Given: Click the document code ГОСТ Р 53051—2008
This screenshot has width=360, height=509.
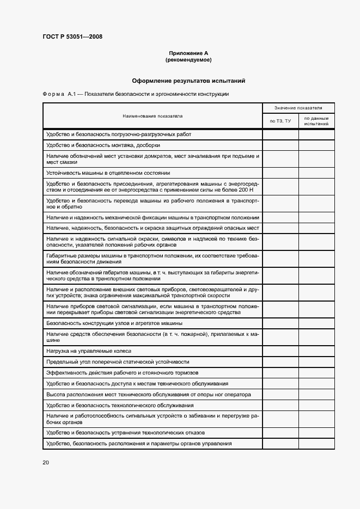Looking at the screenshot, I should (x=72, y=37).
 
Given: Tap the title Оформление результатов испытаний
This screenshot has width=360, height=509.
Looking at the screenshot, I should (x=188, y=81).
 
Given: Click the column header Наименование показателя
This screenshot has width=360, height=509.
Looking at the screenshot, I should (x=152, y=116).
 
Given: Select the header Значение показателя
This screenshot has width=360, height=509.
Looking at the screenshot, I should (x=298, y=108).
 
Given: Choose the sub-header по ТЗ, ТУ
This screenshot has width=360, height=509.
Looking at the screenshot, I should (x=280, y=121).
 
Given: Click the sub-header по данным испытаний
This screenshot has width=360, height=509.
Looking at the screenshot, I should (x=316, y=121).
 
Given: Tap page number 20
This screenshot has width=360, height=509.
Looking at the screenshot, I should (x=46, y=462).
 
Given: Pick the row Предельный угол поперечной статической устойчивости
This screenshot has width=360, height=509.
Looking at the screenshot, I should (x=118, y=361).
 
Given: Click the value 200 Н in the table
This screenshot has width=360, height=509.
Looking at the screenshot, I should (x=246, y=190).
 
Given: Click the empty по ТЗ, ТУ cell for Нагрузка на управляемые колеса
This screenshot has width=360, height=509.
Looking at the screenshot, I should (x=280, y=351).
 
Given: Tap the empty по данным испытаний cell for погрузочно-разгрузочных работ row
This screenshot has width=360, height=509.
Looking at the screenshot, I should (x=316, y=134).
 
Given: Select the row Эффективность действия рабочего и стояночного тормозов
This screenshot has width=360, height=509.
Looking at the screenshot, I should (x=123, y=372).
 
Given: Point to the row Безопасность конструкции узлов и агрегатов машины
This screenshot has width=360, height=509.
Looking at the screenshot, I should (x=114, y=323).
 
